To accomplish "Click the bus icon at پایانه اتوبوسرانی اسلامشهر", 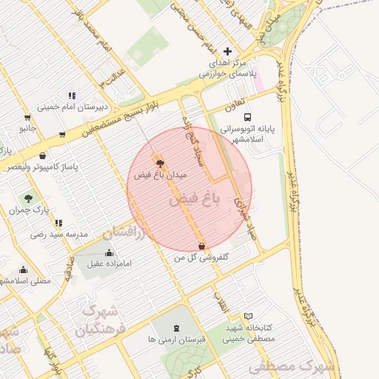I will [247, 117].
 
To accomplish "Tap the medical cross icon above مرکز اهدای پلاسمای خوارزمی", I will [227, 51].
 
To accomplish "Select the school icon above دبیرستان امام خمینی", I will [72, 95].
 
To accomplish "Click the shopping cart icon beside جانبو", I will [27, 117].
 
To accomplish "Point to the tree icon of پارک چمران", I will [28, 198].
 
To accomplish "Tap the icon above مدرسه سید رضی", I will [58, 222].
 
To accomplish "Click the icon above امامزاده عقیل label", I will [110, 252].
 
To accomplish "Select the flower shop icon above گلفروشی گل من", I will [201, 246].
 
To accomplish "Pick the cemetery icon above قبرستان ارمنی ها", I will [176, 327].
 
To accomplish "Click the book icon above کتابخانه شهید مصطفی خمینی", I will [248, 316].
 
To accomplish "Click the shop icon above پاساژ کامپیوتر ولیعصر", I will [43, 155].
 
